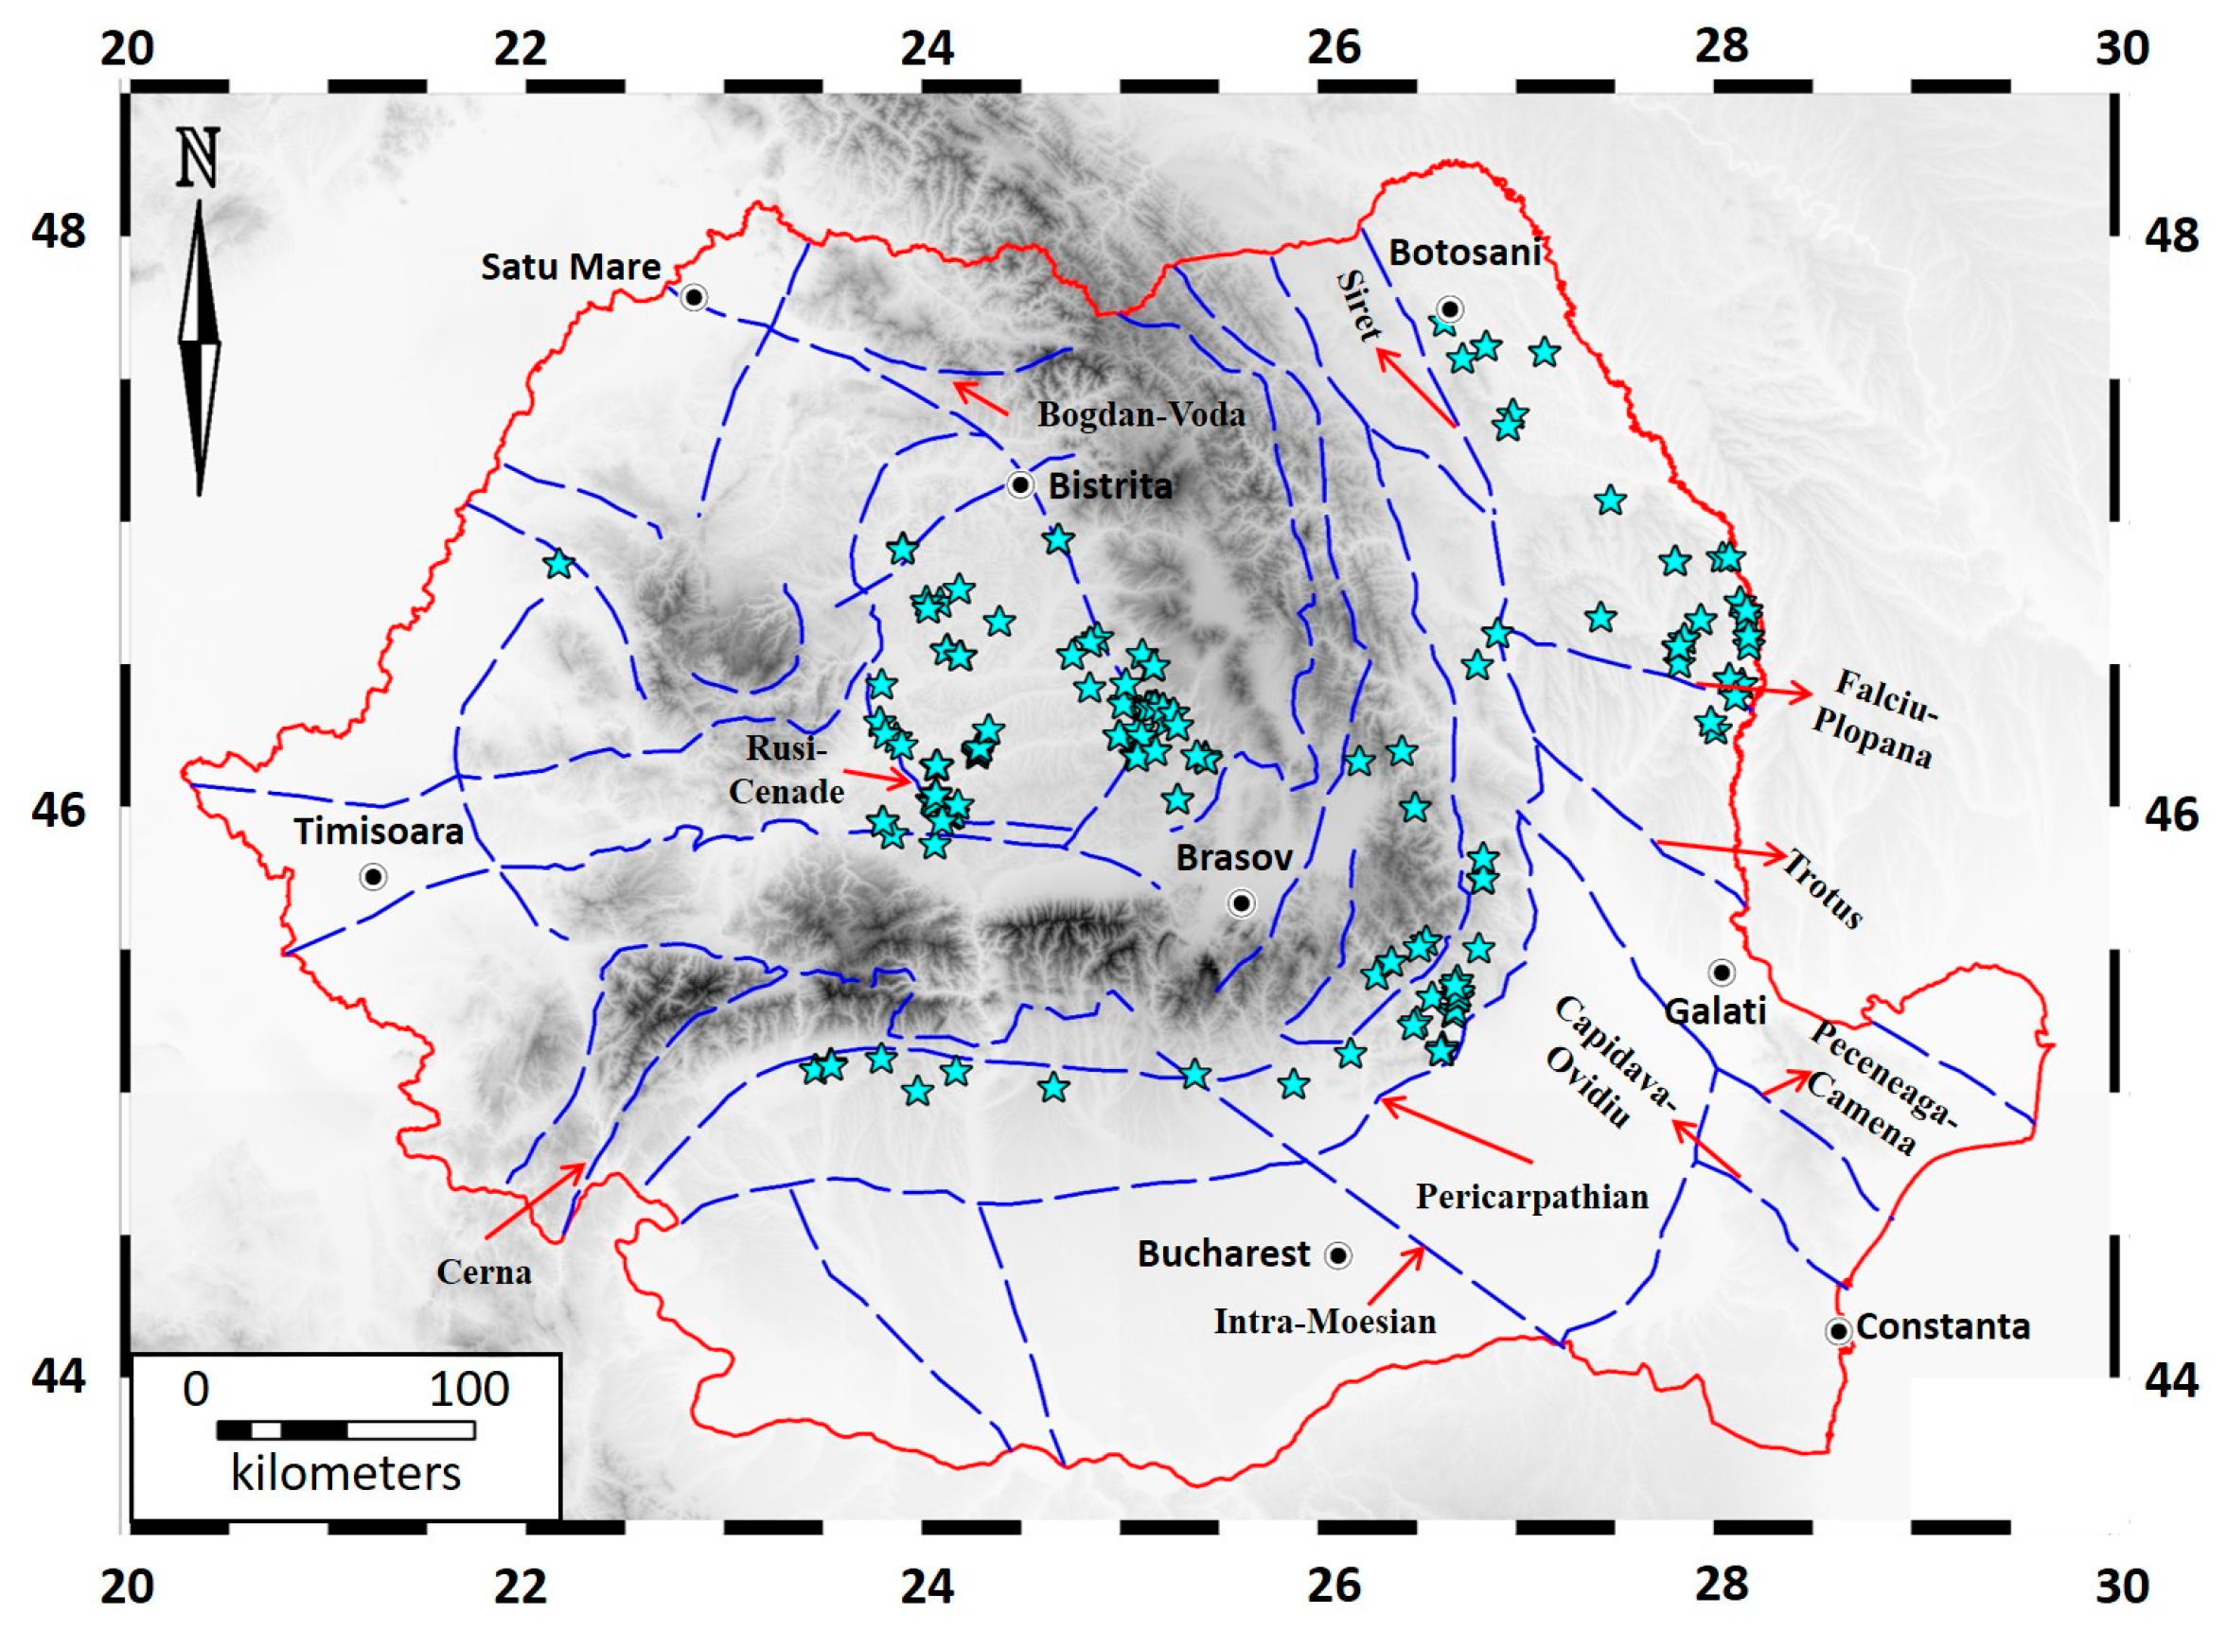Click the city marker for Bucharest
click(1337, 1254)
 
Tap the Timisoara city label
click(379, 832)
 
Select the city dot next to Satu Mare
click(695, 297)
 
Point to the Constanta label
click(1942, 1326)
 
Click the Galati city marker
click(1722, 973)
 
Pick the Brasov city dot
click(1242, 903)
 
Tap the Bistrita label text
click(1110, 485)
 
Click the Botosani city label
click(1464, 253)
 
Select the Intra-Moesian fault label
click(1324, 1321)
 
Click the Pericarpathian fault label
click(1531, 1197)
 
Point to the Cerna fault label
click(484, 1271)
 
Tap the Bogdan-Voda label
click(1140, 413)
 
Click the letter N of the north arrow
click(198, 158)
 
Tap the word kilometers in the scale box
click(345, 1473)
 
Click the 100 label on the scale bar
click(468, 1390)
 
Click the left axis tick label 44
click(59, 1376)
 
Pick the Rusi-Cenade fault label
click(787, 770)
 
